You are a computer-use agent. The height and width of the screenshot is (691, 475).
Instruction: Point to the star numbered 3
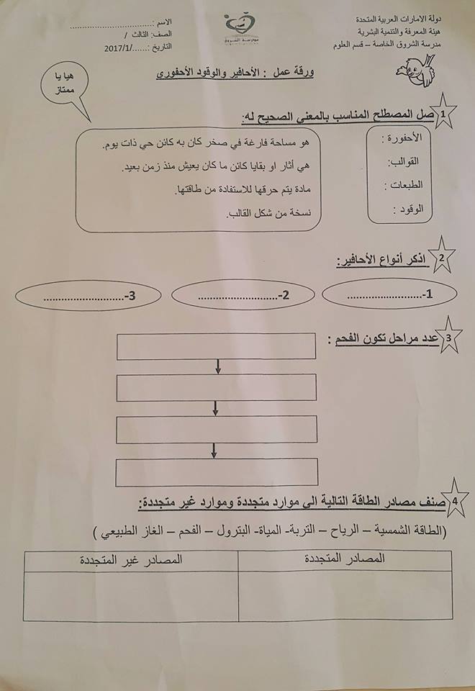449,338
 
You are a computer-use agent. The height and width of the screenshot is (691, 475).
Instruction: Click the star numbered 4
451,500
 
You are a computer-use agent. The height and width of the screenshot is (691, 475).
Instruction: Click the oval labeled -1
389,294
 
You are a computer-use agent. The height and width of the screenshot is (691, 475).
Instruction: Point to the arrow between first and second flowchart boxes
216,367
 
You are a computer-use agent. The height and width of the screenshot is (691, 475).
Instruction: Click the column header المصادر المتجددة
344,558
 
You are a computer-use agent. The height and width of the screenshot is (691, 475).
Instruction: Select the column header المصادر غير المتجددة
130,559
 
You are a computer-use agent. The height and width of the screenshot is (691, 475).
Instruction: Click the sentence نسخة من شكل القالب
273,214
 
